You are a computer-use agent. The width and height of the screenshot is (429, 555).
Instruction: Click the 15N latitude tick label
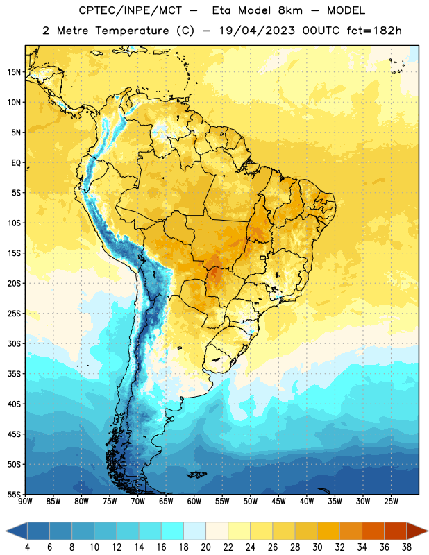coord(15,72)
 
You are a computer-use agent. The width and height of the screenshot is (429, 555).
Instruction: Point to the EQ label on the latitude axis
coord(16,163)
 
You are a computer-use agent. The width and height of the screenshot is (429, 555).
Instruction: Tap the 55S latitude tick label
coord(15,495)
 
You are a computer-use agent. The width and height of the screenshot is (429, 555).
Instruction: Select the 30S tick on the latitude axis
coord(15,343)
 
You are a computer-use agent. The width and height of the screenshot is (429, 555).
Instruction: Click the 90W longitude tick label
coord(25,502)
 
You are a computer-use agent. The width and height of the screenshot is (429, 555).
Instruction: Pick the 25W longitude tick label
coord(391,502)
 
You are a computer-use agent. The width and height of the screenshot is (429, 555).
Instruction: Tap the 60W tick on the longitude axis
coord(194,502)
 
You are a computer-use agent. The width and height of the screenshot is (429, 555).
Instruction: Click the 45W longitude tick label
coord(279,502)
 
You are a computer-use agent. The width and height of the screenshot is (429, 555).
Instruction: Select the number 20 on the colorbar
coord(205,547)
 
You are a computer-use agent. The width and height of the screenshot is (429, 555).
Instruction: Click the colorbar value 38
coord(407,547)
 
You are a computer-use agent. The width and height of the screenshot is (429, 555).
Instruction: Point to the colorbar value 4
coord(27,547)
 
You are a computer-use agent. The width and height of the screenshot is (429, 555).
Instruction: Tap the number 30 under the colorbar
coord(317,547)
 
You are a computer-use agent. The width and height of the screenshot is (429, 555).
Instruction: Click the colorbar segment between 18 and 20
coord(194,531)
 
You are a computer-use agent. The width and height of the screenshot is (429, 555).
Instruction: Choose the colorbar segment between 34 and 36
coord(373,531)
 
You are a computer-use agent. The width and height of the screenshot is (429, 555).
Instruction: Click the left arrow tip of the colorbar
coord(6,531)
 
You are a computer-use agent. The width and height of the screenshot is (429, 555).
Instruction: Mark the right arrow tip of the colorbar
coord(428,531)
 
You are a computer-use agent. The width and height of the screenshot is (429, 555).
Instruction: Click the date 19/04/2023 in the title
coord(257,31)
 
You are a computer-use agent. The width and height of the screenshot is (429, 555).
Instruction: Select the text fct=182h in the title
coord(374,31)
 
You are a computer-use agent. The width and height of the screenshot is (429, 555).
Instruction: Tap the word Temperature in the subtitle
coord(132,31)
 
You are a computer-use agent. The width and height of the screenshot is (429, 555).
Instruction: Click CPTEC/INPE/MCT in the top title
coord(130,10)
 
